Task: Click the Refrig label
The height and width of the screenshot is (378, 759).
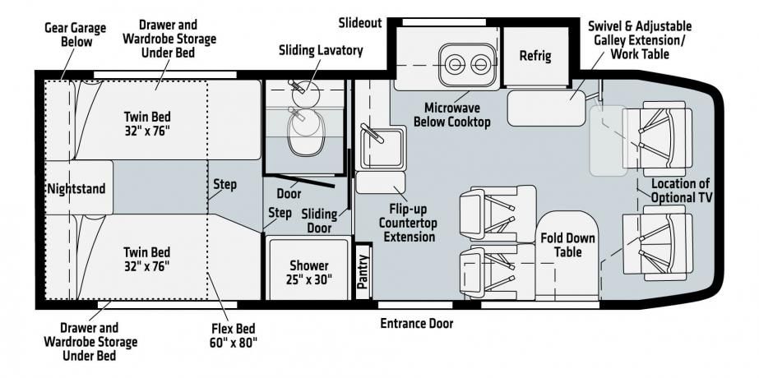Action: click(535, 56)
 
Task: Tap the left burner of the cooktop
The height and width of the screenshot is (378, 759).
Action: click(455, 64)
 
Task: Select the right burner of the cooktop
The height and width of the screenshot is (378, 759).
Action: click(480, 64)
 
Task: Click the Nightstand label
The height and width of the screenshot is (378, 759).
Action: click(76, 188)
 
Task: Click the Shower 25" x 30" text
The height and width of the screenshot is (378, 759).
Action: click(309, 272)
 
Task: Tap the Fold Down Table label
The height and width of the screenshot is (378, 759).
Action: click(567, 245)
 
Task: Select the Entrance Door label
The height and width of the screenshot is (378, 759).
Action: click(417, 323)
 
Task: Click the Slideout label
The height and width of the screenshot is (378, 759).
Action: click(360, 23)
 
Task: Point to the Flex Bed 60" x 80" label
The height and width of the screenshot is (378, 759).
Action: click(234, 335)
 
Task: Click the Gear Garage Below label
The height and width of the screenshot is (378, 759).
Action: click(76, 34)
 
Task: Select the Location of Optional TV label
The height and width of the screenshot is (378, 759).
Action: click(680, 190)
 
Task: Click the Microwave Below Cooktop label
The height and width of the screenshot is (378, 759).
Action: click(452, 114)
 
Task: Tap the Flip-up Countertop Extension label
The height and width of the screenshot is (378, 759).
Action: click(407, 223)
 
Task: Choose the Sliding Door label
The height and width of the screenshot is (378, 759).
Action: click(319, 220)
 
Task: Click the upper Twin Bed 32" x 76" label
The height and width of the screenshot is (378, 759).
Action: click(147, 123)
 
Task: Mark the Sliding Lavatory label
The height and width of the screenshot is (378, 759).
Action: click(321, 50)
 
